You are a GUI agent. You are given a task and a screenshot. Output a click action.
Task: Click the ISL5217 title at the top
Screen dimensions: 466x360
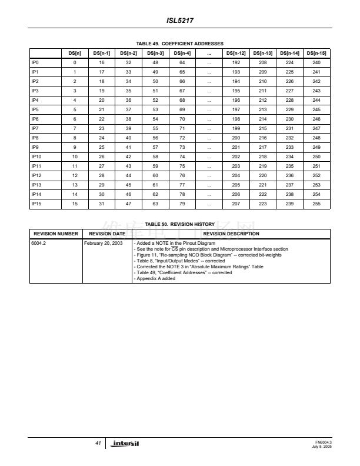180,21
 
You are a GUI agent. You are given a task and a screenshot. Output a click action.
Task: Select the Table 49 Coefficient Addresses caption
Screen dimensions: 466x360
180,44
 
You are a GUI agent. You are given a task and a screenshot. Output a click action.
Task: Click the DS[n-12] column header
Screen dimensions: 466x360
235,53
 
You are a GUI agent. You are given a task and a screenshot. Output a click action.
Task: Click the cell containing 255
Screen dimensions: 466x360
316,203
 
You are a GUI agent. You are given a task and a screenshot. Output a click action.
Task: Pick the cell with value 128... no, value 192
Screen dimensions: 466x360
235,62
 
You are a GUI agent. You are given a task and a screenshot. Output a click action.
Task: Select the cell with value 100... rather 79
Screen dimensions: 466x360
182,203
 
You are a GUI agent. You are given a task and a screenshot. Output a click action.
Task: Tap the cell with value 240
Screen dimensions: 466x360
316,62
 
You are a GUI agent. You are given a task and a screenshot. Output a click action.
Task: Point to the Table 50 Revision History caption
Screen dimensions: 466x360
180,224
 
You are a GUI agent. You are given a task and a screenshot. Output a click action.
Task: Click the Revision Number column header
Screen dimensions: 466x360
56,234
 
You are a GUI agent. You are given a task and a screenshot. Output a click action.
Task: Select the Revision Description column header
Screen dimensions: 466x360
231,234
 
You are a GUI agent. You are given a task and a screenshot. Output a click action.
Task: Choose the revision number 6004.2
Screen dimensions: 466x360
39,242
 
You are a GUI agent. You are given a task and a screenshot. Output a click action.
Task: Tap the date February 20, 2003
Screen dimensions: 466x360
104,242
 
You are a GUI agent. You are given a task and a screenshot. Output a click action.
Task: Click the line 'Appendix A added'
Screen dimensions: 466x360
155,278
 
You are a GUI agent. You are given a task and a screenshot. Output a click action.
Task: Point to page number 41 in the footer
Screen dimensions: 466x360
98,442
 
